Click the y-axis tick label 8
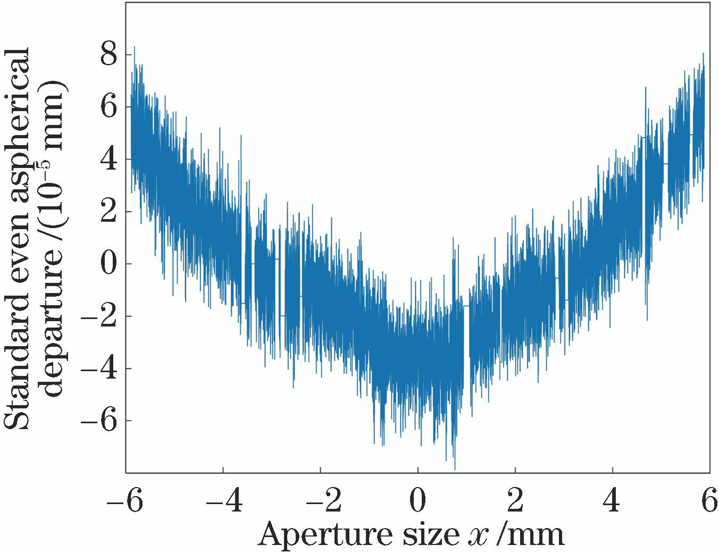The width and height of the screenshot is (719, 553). [108, 55]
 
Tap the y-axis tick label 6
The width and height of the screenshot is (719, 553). [108, 107]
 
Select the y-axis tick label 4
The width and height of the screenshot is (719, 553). [108, 160]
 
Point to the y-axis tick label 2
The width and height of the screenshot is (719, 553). [108, 212]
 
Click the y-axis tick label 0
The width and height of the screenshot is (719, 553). [108, 264]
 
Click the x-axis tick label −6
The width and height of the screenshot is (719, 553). [125, 501]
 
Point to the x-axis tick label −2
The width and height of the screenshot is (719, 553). [320, 501]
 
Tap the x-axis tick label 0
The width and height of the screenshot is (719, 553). [418, 501]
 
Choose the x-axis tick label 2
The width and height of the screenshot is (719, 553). [515, 501]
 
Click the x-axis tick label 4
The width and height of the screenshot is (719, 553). [613, 501]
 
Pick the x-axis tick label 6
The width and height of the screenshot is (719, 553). [709, 501]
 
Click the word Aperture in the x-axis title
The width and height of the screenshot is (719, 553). [324, 535]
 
